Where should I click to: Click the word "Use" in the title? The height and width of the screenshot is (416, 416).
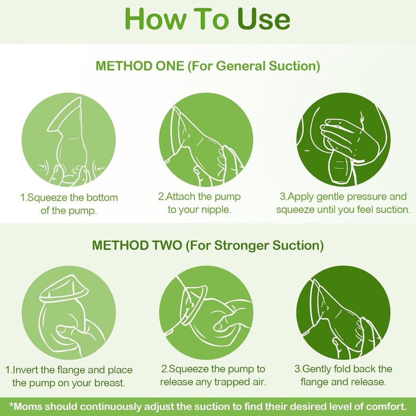(x=264, y=19)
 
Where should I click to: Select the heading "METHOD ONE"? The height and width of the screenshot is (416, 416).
(x=140, y=66)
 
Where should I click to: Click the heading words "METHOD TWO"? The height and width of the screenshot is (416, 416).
(x=137, y=245)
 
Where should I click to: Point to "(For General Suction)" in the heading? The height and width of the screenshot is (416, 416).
(x=254, y=67)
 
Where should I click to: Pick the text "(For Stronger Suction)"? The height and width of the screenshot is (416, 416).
(x=255, y=245)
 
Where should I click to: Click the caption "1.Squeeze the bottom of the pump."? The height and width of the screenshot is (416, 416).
(x=69, y=204)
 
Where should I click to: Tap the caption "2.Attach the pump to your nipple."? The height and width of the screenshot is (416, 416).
(x=200, y=203)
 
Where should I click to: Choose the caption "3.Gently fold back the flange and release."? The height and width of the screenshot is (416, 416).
(x=343, y=375)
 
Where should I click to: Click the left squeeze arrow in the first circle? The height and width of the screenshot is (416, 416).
(x=43, y=167)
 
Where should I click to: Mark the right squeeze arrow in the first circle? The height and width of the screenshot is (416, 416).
(x=100, y=168)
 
